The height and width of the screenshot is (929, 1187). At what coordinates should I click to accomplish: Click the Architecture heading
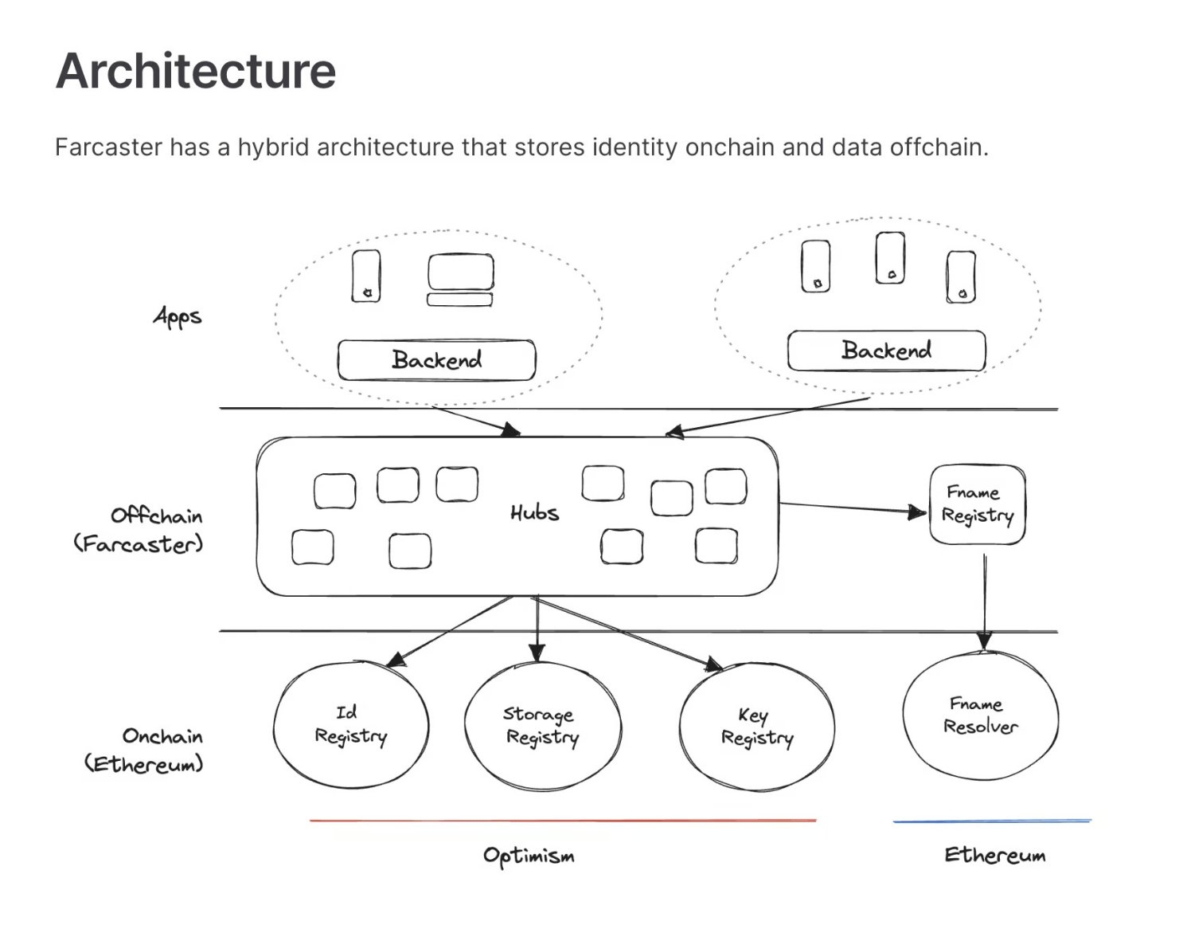196,71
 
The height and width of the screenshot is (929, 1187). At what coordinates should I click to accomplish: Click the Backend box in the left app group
436,360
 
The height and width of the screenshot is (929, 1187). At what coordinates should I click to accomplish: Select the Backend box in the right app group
886,351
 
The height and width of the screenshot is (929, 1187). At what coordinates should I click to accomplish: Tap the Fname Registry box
977,504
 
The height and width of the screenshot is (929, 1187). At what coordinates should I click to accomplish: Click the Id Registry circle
350,724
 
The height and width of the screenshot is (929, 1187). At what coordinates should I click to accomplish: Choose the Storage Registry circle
541,726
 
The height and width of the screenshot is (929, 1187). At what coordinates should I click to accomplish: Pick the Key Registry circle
756,727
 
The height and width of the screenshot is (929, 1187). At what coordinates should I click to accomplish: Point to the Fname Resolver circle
980,715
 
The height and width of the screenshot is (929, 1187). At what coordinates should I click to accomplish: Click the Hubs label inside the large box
534,512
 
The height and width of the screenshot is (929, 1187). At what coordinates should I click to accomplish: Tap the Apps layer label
178,316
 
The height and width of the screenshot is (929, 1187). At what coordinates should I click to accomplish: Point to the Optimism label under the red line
529,856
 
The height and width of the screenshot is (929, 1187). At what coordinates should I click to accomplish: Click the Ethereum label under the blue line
994,856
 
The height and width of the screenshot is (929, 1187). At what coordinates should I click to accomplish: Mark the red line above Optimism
562,820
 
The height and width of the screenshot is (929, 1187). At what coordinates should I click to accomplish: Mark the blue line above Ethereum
992,821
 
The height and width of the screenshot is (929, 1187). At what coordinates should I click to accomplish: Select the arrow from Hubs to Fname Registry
852,508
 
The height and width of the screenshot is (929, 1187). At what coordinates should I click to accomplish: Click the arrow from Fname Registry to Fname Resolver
985,598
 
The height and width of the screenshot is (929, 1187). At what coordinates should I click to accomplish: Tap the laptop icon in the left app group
460,280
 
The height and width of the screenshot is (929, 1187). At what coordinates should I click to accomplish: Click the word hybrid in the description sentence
272,147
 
